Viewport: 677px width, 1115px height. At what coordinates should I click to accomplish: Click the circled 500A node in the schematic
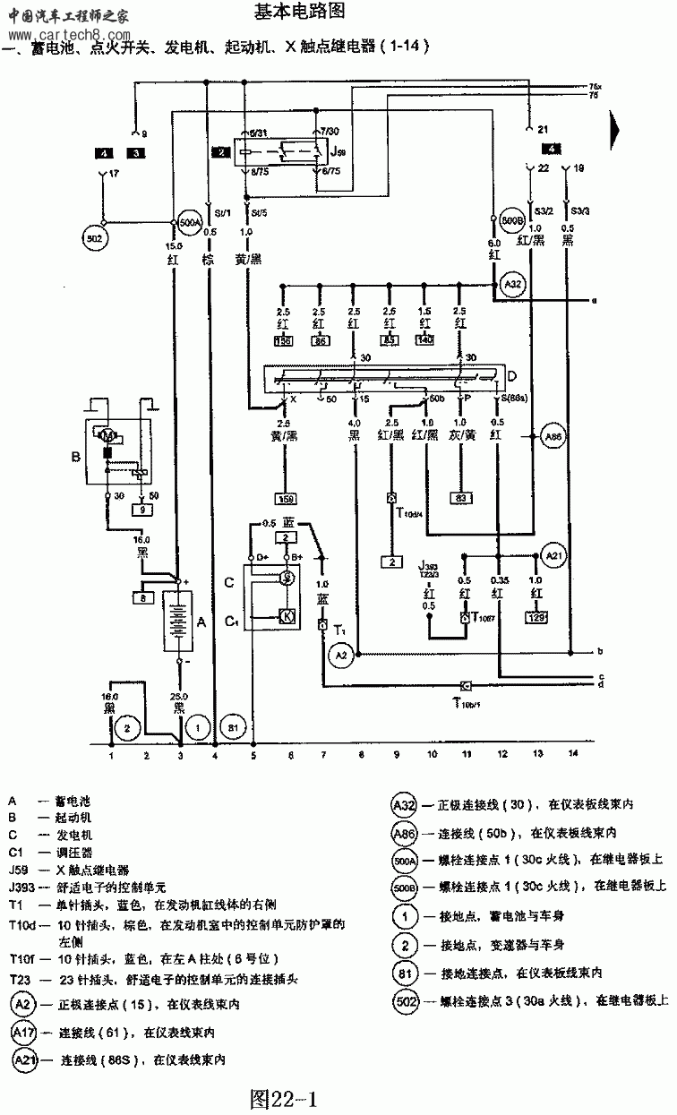coord(189,221)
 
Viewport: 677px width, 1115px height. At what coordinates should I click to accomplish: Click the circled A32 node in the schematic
coord(512,286)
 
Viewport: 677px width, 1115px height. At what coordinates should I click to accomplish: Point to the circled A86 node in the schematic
coord(554,437)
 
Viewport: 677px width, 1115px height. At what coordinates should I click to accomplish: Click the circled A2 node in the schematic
coord(340,656)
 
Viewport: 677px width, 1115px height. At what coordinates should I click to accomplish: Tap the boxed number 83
coord(462,497)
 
